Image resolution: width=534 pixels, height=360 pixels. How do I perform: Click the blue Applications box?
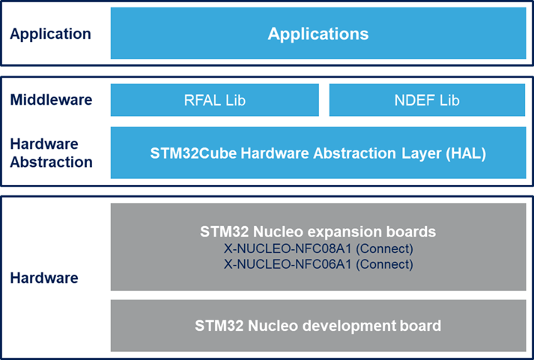pos(318,34)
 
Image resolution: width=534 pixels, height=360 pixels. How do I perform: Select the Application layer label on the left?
pos(50,34)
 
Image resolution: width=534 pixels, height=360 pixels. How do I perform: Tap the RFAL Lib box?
pos(214,100)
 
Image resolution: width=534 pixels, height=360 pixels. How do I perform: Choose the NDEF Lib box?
pos(425,100)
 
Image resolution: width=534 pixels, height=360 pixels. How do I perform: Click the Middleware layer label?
pos(51,100)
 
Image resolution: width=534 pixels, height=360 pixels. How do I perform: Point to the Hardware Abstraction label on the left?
pos(51,153)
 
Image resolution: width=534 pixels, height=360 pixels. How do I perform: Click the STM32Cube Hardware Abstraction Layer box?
pos(318,153)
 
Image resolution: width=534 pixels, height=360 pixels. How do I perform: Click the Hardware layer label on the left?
pos(44,278)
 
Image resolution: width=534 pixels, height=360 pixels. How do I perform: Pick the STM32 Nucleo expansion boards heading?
pos(318,232)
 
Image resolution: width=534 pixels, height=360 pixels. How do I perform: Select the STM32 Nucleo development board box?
pos(318,326)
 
